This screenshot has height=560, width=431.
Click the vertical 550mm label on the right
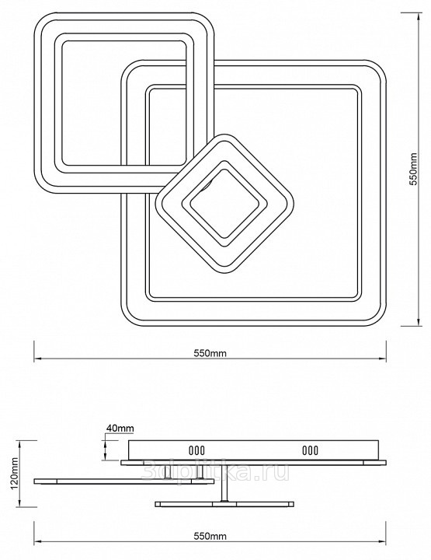[x=414, y=169]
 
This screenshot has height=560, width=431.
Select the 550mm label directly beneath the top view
[x=210, y=353]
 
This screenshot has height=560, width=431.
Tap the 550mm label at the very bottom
[x=210, y=536]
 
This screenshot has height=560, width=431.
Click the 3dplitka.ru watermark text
[x=215, y=471]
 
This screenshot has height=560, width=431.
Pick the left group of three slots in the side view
[x=196, y=450]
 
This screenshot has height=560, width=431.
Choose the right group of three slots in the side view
[x=310, y=450]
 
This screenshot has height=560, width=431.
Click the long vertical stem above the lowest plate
[x=224, y=483]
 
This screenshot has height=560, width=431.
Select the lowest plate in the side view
[x=224, y=504]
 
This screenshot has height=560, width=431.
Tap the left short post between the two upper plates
[x=168, y=472]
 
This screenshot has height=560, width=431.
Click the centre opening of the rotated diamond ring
[x=224, y=204]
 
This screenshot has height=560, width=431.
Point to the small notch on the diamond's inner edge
[x=207, y=186]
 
